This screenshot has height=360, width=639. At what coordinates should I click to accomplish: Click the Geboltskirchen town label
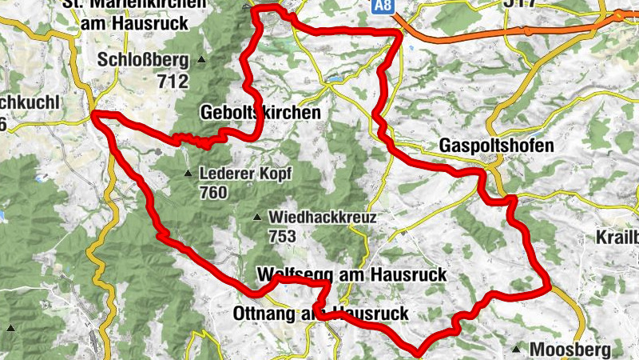click(261, 113)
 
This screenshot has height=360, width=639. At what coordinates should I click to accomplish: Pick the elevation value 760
click(215, 193)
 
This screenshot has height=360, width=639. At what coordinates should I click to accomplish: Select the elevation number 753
click(283, 236)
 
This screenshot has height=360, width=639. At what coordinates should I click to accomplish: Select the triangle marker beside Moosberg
click(518, 350)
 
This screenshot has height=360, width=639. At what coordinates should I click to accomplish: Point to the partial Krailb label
click(617, 238)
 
